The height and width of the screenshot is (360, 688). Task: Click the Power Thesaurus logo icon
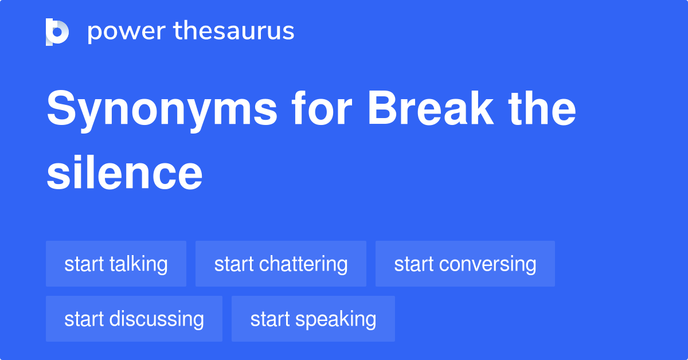coord(57,32)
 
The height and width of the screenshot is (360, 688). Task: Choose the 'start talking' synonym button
coord(116,264)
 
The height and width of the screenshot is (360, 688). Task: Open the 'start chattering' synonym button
coord(281,264)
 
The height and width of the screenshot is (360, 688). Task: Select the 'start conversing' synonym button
coord(465,264)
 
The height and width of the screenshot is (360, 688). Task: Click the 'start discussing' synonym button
coord(134,319)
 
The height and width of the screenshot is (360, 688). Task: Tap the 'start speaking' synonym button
coord(313,319)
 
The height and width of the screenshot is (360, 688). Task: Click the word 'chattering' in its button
coord(303,264)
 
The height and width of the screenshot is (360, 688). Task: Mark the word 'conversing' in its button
coord(488,264)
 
